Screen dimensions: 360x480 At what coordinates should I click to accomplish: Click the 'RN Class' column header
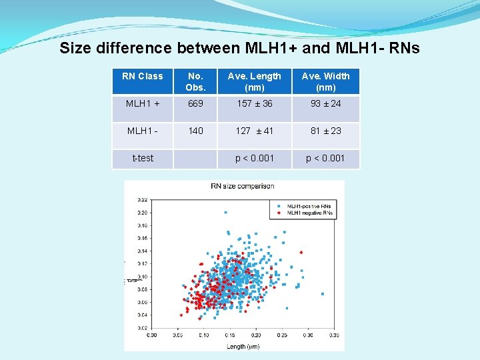[x=142, y=76]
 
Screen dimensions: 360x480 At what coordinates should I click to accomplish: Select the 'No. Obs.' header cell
[x=195, y=81]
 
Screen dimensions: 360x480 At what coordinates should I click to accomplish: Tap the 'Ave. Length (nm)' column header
[x=254, y=81]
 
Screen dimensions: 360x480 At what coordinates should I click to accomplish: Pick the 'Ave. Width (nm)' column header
[x=325, y=81]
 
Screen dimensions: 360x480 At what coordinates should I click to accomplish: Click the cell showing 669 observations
[x=195, y=103]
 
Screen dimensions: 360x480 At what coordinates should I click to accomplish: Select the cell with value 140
[x=195, y=131]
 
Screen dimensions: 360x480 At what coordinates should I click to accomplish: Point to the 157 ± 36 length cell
[x=254, y=103]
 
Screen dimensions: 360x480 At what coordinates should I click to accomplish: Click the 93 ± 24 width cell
[x=325, y=103]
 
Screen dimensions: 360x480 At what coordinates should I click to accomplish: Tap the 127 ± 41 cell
[x=254, y=131]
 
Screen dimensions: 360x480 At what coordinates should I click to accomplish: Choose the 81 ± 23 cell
[x=325, y=131]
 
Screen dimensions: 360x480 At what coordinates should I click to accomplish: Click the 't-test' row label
[x=142, y=158]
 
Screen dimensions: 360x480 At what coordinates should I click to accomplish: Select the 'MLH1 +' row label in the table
[x=142, y=103]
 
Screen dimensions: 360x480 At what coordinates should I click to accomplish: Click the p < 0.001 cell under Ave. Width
[x=325, y=158]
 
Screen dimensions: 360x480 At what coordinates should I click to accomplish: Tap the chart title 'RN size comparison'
[x=242, y=186]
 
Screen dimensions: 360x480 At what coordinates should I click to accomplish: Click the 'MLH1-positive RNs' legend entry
[x=307, y=205]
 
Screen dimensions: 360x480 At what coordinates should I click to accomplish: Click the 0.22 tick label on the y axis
[x=143, y=200]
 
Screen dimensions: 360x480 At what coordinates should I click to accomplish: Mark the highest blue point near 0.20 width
[x=225, y=212]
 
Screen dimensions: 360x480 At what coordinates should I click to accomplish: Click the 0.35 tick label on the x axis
[x=333, y=335]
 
